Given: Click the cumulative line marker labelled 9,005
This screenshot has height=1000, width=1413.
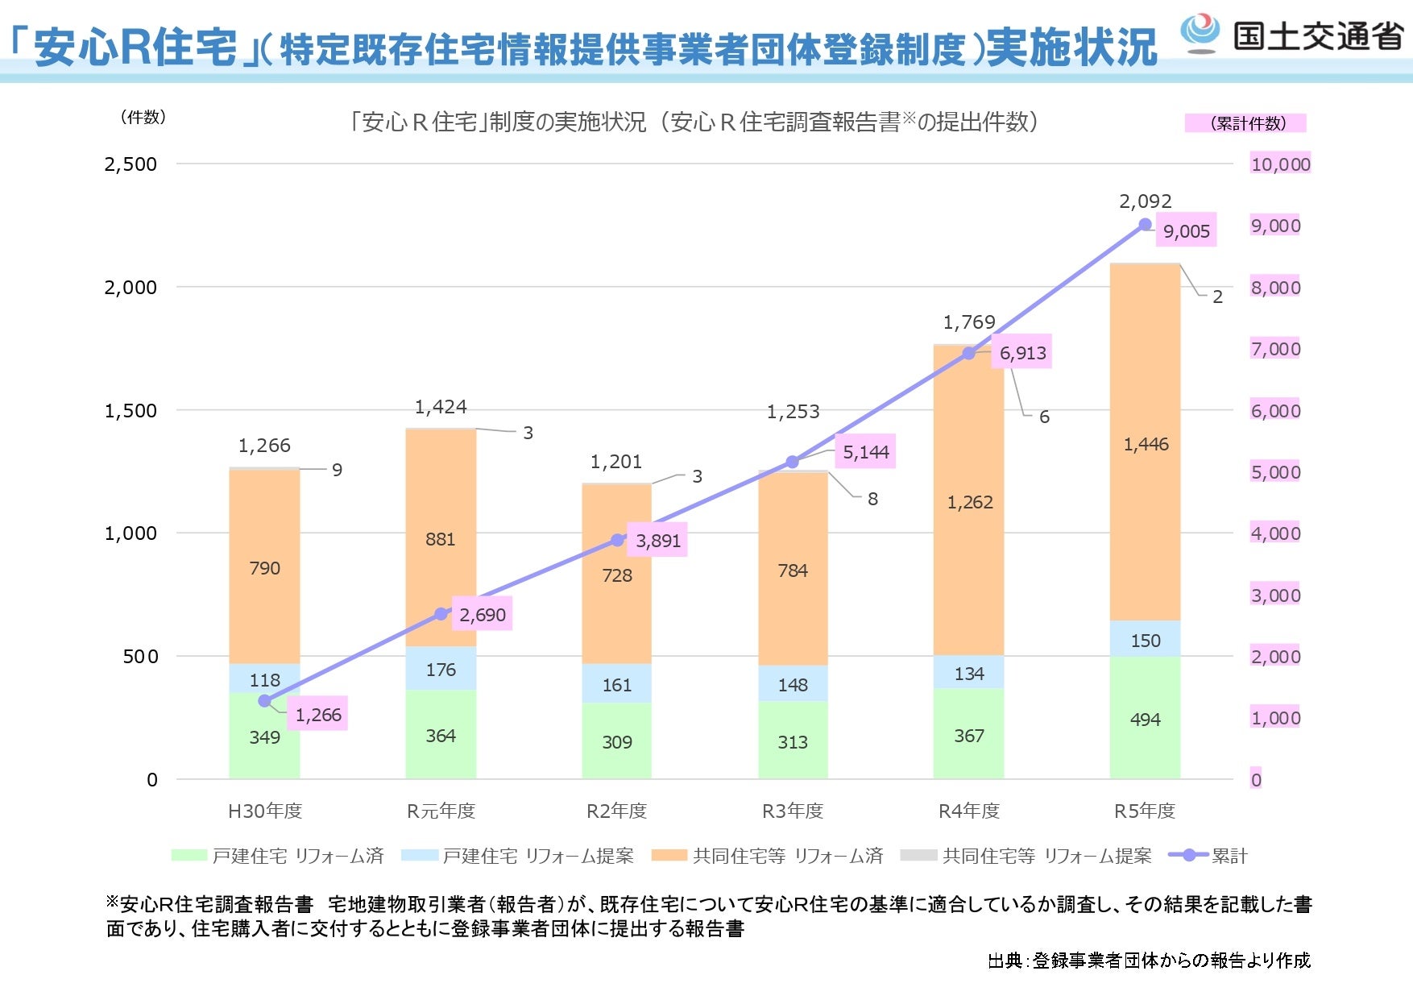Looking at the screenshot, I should tap(1145, 225).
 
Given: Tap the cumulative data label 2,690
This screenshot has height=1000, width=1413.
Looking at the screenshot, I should tap(483, 615).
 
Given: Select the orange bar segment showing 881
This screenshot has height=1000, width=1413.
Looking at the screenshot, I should tap(441, 538).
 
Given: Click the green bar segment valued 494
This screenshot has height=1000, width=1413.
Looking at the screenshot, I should tap(1145, 719).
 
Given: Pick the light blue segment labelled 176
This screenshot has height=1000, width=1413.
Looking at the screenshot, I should tap(441, 669).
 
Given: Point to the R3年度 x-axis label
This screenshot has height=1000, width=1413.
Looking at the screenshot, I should tap(793, 811).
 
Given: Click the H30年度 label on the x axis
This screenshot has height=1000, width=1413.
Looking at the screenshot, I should tap(264, 811).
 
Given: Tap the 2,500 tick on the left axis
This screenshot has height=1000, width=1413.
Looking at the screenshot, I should tap(131, 164).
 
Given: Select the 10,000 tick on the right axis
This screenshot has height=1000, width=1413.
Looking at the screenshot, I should tap(1280, 164).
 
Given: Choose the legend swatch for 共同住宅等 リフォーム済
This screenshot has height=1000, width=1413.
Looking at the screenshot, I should tap(669, 855).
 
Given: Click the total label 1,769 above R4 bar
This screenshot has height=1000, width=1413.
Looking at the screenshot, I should tap(969, 322).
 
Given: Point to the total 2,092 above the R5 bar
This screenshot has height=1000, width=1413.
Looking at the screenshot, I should tap(1145, 201).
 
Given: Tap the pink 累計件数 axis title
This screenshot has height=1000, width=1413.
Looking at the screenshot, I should tap(1246, 123).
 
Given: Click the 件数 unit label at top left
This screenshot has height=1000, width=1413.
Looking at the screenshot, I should tap(143, 118).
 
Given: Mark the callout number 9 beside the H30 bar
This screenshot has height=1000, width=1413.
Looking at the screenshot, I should tap(337, 470).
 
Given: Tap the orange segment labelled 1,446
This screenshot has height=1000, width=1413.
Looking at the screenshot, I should tap(1145, 444).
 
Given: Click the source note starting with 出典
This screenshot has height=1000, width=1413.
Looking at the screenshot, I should tap(1149, 961).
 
